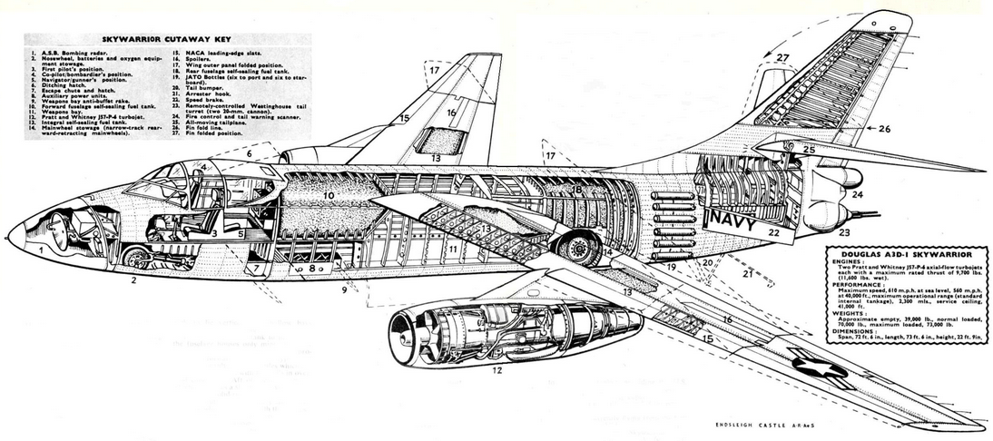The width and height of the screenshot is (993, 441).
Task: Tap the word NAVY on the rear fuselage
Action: pyautogui.click(x=738, y=219)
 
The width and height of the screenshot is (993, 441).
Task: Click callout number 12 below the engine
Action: pyautogui.click(x=496, y=369)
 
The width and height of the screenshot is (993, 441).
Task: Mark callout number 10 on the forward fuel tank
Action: pyautogui.click(x=329, y=194)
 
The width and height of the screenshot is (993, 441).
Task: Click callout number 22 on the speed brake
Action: pyautogui.click(x=774, y=233)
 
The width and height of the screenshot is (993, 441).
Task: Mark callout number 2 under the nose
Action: pyautogui.click(x=133, y=280)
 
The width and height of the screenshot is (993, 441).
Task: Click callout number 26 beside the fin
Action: pyautogui.click(x=885, y=129)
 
